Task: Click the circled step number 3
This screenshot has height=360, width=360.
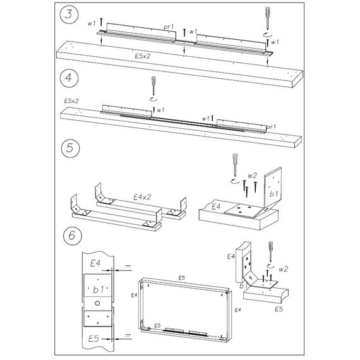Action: (69, 15)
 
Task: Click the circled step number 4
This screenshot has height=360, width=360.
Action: (69, 78)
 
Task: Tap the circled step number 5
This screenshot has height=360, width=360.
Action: (71, 148)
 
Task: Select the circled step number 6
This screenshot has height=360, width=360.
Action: (72, 236)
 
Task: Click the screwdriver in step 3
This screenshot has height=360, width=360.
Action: (268, 18)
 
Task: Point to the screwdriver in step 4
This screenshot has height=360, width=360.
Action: (153, 86)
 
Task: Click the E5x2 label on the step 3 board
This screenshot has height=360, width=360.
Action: (142, 56)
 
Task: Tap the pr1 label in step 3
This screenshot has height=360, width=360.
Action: (169, 27)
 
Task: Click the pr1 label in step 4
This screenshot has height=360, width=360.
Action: (271, 127)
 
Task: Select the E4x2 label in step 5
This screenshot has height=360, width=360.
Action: (142, 197)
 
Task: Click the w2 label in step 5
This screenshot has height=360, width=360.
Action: (252, 176)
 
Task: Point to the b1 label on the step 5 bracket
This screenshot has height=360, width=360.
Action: (273, 194)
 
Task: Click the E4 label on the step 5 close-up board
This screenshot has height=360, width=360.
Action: (216, 207)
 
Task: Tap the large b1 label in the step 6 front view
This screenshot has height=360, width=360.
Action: (99, 290)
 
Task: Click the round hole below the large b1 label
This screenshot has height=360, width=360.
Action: (97, 303)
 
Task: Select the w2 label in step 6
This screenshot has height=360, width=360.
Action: (283, 269)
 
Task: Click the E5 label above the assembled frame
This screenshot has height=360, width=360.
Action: (182, 278)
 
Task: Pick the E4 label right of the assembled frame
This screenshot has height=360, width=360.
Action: (237, 310)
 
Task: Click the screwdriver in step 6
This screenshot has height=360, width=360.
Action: (271, 251)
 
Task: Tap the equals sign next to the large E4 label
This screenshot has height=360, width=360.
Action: (128, 267)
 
